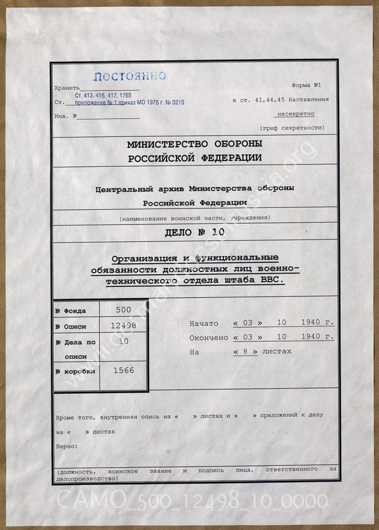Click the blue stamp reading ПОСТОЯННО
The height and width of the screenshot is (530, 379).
[x=129, y=77]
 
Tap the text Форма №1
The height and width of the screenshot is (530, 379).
[x=310, y=85]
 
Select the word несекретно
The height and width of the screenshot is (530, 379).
[x=296, y=114]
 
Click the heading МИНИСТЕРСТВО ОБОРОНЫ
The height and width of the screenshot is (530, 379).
[x=195, y=144]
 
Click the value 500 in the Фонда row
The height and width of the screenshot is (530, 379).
[x=124, y=309]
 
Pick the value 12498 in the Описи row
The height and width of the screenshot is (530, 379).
[x=124, y=326]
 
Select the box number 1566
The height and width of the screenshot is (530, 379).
[x=124, y=371]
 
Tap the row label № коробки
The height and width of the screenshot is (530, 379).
[x=75, y=371]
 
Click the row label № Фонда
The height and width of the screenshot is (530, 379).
[x=71, y=311]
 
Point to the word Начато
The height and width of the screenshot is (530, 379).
[x=204, y=323]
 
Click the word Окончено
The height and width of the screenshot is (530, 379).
[x=209, y=338]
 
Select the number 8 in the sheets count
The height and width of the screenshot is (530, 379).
[x=246, y=351]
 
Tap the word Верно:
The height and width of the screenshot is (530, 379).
[x=67, y=446]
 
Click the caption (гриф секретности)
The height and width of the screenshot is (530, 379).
[x=292, y=128]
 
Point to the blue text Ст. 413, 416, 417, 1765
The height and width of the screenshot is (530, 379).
[x=103, y=95]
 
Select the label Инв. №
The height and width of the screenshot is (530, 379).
[x=65, y=116]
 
